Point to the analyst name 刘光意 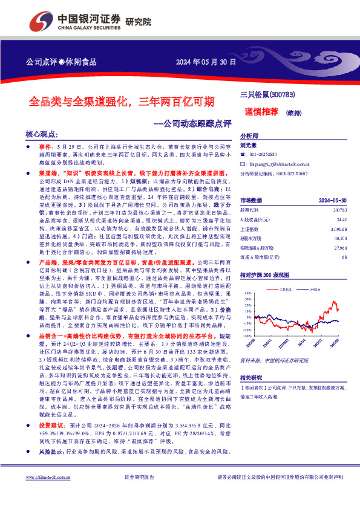click(248, 144)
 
